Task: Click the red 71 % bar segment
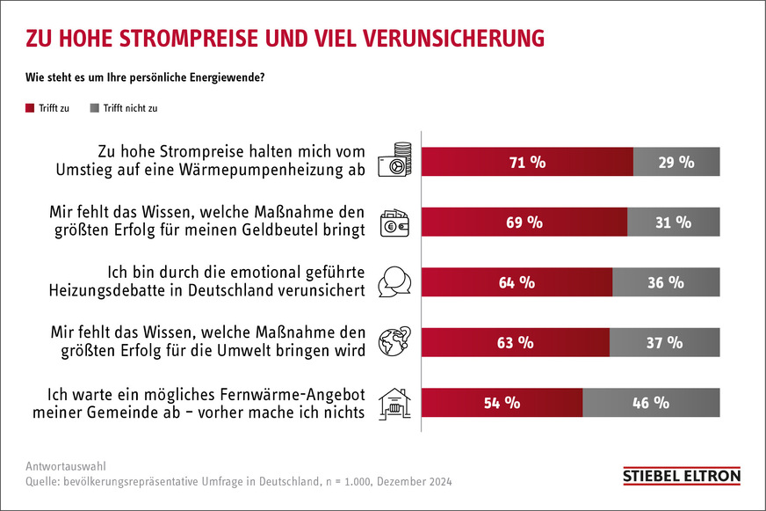527,162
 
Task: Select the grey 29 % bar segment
676,162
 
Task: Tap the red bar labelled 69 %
524,223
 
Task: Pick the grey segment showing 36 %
665,282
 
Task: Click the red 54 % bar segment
502,403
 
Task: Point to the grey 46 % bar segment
650,403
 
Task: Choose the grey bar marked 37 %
663,343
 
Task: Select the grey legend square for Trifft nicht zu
95,108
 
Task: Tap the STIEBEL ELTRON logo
681,476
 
